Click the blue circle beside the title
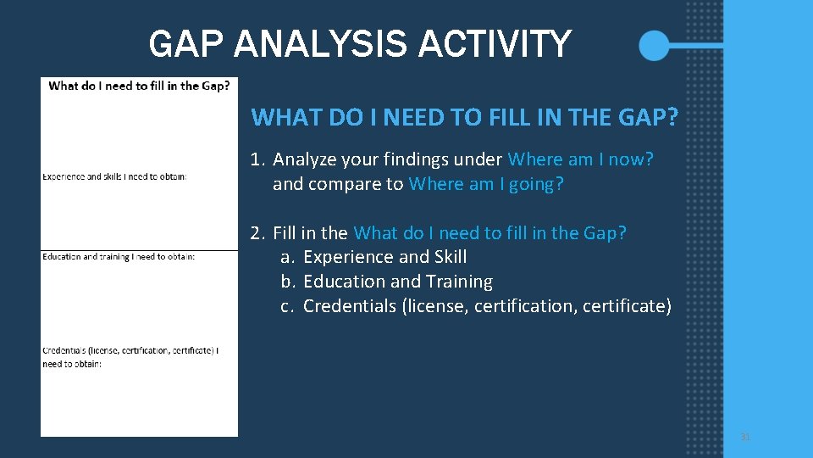654,45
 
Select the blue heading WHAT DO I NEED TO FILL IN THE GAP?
465,117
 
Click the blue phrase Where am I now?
580,159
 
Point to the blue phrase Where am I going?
485,184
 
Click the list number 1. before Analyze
258,159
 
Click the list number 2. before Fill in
258,232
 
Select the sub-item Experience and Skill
384,257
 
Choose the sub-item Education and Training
397,282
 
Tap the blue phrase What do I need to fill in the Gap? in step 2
489,232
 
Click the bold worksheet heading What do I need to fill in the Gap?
139,86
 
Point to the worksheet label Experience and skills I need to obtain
114,176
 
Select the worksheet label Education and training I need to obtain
119,257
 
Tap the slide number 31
745,437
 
